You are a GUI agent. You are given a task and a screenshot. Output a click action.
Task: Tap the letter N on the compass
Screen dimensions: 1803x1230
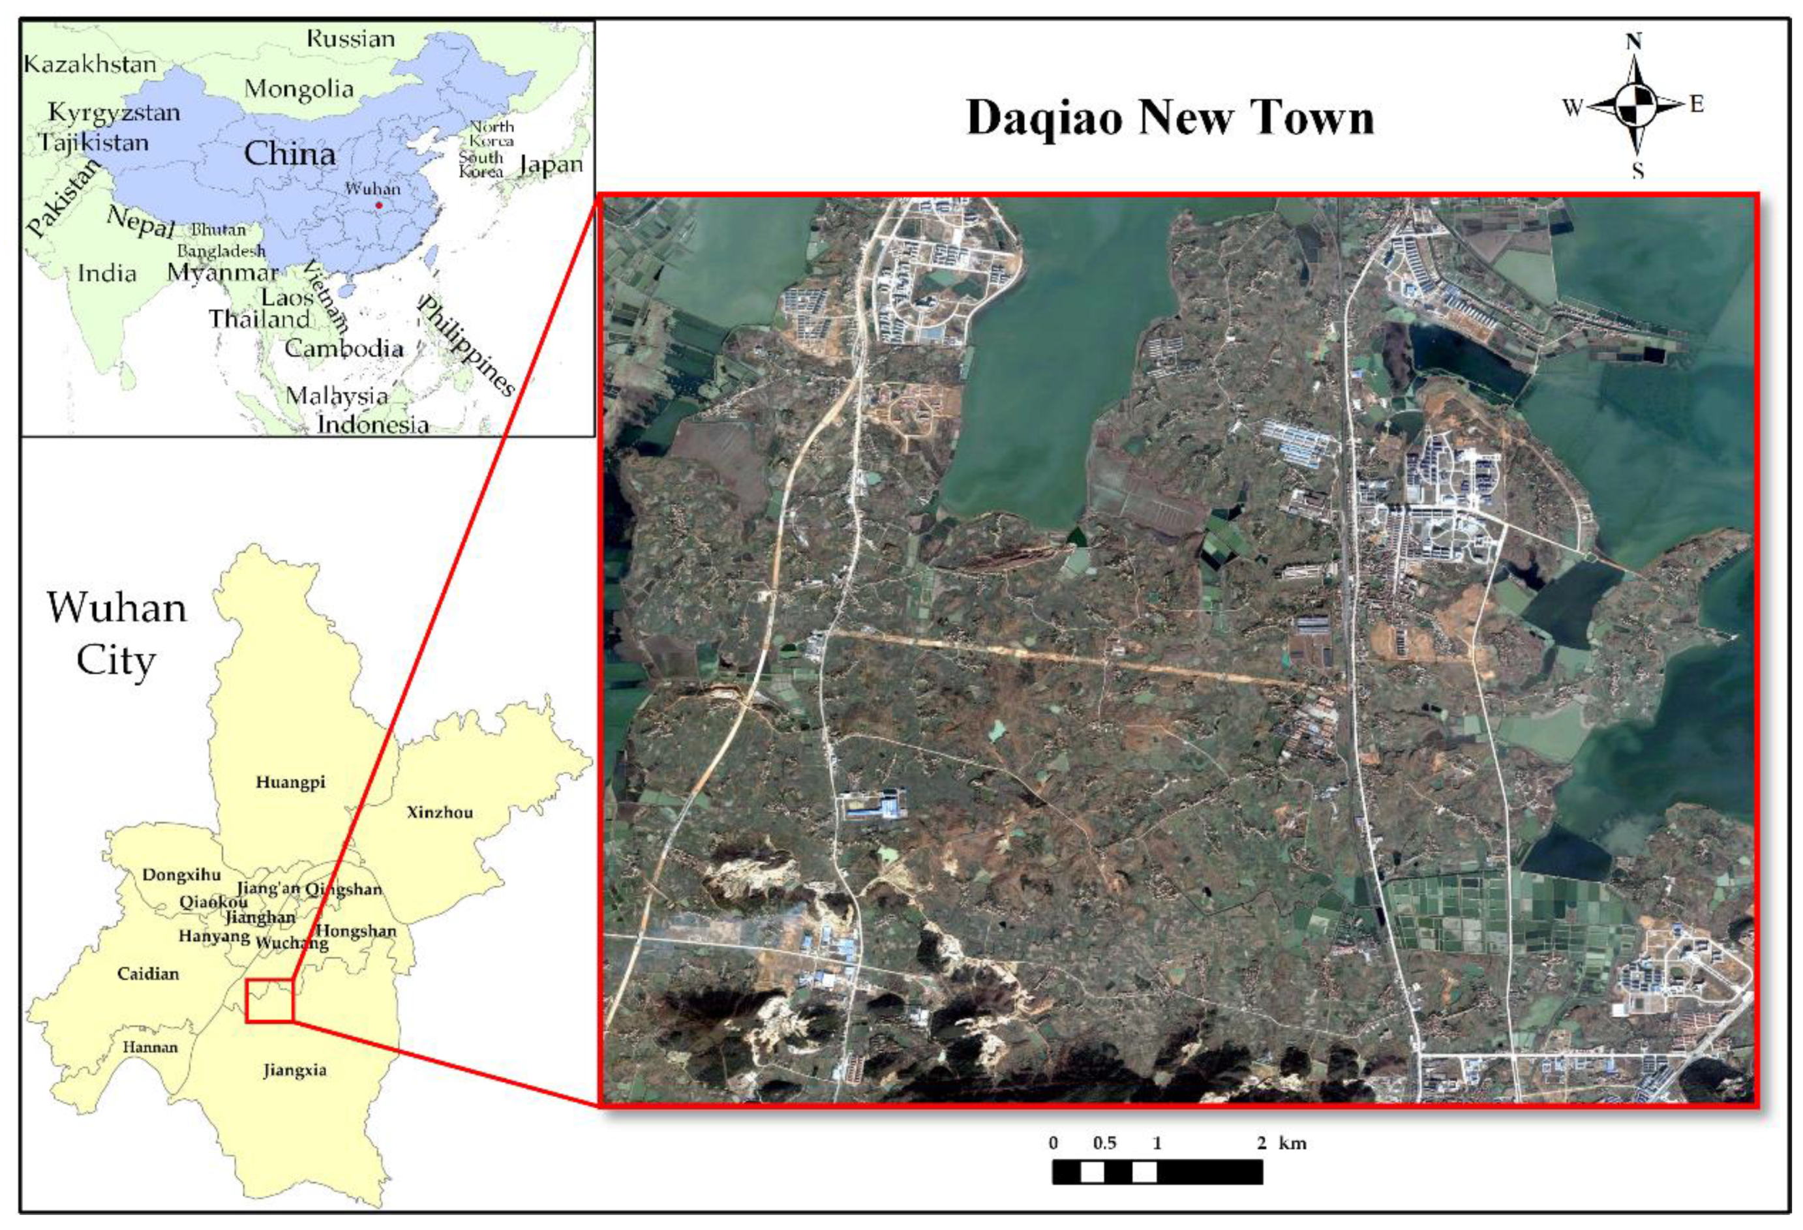(1634, 41)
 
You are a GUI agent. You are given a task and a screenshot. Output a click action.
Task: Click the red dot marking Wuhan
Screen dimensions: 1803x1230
(378, 205)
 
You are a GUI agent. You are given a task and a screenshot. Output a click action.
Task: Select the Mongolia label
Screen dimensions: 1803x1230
(299, 89)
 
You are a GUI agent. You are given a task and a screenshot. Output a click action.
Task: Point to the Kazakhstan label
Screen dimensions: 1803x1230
(90, 64)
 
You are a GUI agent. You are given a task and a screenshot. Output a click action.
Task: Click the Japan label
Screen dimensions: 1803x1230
(551, 164)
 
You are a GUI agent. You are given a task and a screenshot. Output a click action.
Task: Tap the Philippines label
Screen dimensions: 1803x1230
(466, 345)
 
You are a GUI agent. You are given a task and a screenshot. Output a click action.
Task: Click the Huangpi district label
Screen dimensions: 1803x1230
(290, 782)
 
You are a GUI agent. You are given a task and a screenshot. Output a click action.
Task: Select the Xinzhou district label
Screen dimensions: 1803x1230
(439, 812)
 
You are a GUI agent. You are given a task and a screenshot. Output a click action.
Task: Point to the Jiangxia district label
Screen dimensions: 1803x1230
(294, 1070)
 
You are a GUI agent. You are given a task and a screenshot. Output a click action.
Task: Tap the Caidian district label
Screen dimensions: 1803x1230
(147, 973)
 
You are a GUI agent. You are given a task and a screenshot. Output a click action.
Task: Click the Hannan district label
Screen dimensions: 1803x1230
(150, 1047)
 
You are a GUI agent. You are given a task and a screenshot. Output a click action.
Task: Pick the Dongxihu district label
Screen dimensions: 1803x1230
(181, 875)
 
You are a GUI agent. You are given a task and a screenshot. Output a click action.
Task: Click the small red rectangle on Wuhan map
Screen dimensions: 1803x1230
(269, 1000)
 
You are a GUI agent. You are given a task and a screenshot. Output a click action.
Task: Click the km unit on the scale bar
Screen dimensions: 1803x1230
(1292, 1143)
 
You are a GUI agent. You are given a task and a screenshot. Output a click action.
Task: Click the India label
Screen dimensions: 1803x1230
(107, 273)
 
